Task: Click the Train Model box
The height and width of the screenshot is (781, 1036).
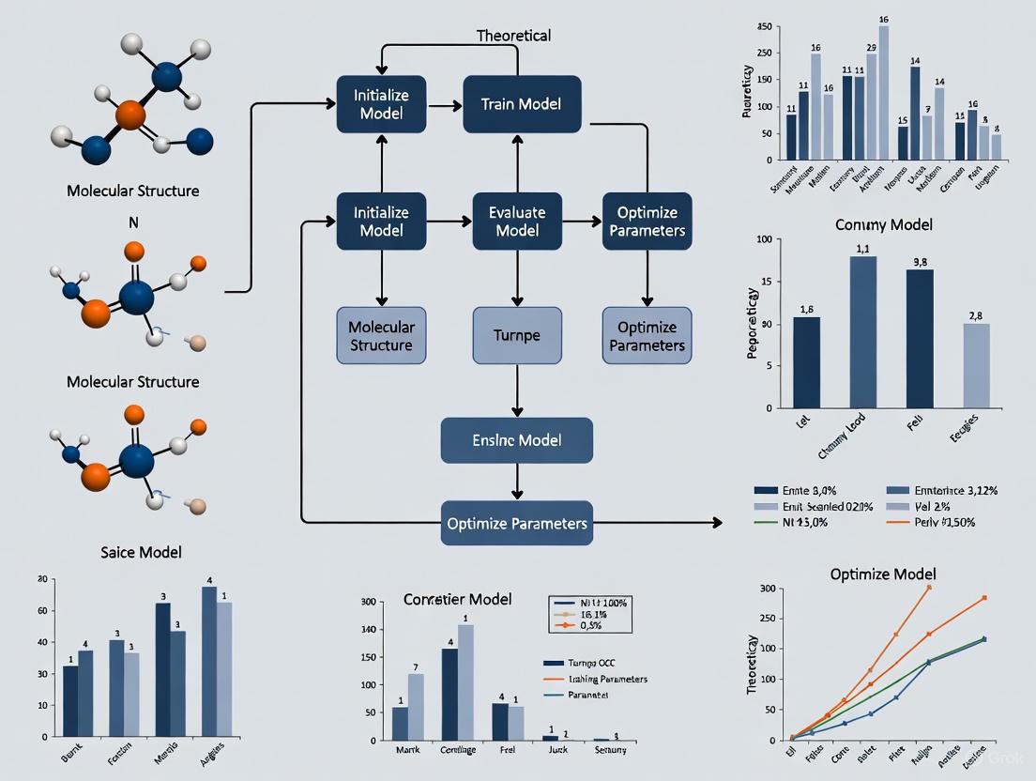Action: tap(522, 103)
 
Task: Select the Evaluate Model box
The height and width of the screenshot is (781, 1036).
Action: tap(517, 221)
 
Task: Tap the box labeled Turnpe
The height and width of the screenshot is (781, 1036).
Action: tap(517, 335)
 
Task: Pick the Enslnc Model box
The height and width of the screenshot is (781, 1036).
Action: tap(517, 440)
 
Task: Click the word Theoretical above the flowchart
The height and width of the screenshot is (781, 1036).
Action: tap(513, 36)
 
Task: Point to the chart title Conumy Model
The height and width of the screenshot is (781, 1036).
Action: tap(883, 225)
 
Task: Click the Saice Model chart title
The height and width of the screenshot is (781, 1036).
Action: tap(141, 552)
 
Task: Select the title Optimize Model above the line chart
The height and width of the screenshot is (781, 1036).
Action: tap(883, 574)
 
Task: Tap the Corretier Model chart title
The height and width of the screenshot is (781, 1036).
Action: tap(457, 598)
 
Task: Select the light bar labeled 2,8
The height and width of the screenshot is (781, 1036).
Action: tap(976, 365)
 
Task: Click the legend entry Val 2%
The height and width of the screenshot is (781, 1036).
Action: tap(938, 506)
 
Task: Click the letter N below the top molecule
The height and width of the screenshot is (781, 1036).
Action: tap(132, 223)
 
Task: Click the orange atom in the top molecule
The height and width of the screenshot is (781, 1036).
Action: tap(130, 116)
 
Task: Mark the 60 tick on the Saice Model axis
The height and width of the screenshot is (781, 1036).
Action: tap(41, 611)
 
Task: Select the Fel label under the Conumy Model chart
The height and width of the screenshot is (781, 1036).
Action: tap(914, 423)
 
